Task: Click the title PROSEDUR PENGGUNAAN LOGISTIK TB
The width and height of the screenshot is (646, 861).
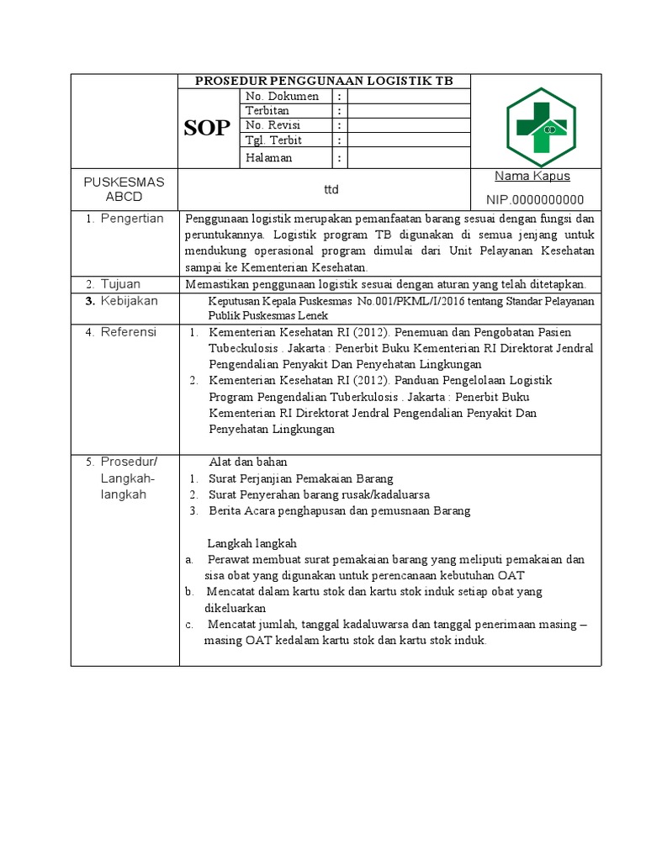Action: click(324, 82)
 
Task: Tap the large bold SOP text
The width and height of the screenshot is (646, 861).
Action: click(206, 129)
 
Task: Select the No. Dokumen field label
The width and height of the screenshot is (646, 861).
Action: click(282, 96)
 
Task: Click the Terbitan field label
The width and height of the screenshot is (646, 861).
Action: click(267, 110)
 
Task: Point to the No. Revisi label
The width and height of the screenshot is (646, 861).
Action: click(273, 125)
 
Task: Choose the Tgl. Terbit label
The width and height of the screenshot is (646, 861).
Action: click(273, 140)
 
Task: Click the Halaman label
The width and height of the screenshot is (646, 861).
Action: click(268, 157)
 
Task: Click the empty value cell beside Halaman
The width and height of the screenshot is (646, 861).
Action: click(407, 157)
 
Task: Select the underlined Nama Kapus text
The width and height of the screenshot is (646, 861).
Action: click(532, 176)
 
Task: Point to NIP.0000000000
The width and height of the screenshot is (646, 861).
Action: click(534, 199)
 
